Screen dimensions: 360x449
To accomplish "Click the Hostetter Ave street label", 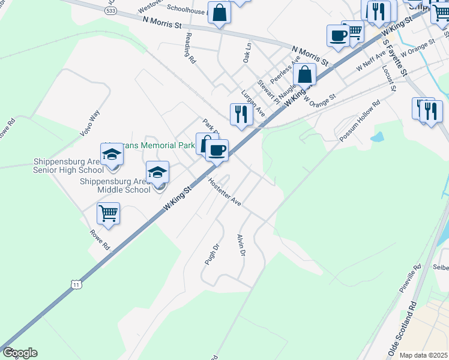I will coord(224,193).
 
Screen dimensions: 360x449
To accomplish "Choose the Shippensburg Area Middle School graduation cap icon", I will coord(158,172).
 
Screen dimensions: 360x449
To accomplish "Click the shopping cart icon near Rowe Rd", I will coord(108,212).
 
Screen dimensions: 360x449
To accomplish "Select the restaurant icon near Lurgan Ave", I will coord(241,113).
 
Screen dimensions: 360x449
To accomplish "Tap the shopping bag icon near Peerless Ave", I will coord(305,75).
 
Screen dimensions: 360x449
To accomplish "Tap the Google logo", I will coord(20,353).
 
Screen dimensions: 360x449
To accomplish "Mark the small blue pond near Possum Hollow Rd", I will coord(377,137).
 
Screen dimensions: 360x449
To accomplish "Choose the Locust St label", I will coord(389,79).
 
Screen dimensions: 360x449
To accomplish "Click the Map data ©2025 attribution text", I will coord(423,355).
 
